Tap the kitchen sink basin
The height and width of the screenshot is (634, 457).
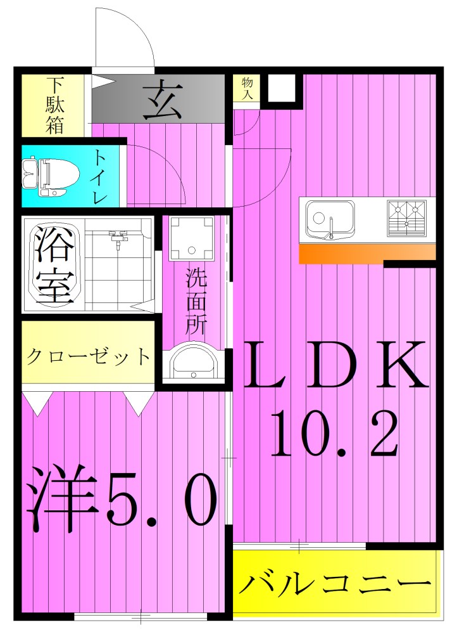[329, 219]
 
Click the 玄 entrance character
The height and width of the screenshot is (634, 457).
[162, 100]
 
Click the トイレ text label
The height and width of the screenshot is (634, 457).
[101, 176]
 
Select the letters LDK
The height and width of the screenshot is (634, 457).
[335, 366]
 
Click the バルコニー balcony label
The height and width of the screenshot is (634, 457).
[336, 583]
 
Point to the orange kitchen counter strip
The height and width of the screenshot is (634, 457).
[367, 253]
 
